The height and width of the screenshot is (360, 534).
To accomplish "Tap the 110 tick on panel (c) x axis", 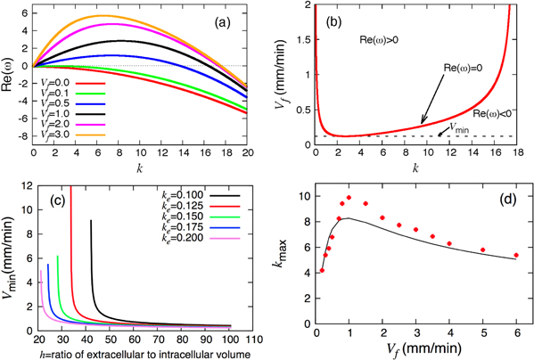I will pyautogui.click(x=256, y=340).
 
